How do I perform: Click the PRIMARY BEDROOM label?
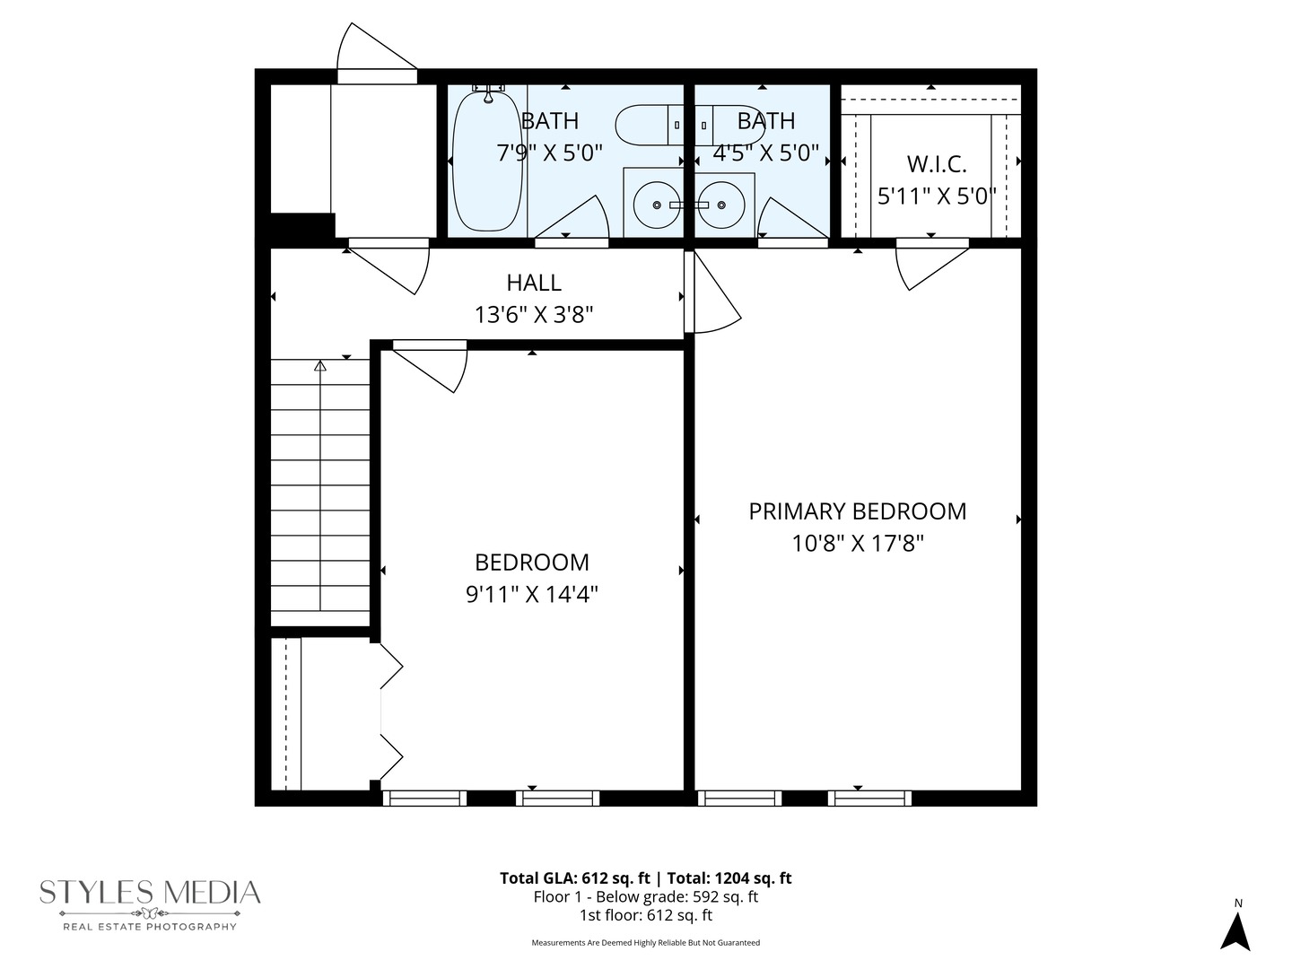click(x=857, y=511)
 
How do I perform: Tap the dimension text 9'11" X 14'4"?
click(x=531, y=595)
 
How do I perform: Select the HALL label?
click(x=534, y=283)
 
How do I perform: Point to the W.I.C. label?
click(x=937, y=165)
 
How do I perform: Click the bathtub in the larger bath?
click(x=487, y=161)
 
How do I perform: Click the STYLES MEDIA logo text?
click(x=150, y=893)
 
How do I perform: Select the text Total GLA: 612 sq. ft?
click(x=574, y=878)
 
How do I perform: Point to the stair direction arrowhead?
click(x=320, y=366)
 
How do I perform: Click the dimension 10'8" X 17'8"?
click(x=857, y=544)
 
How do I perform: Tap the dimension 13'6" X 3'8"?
click(x=534, y=315)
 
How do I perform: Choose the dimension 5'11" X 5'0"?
click(x=937, y=196)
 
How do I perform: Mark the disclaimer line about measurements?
click(x=646, y=942)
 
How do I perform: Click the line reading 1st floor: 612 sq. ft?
click(x=646, y=915)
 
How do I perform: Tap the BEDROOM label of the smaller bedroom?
click(x=531, y=563)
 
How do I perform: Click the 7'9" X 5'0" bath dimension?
click(x=550, y=153)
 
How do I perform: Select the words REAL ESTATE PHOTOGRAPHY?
click(x=150, y=927)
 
